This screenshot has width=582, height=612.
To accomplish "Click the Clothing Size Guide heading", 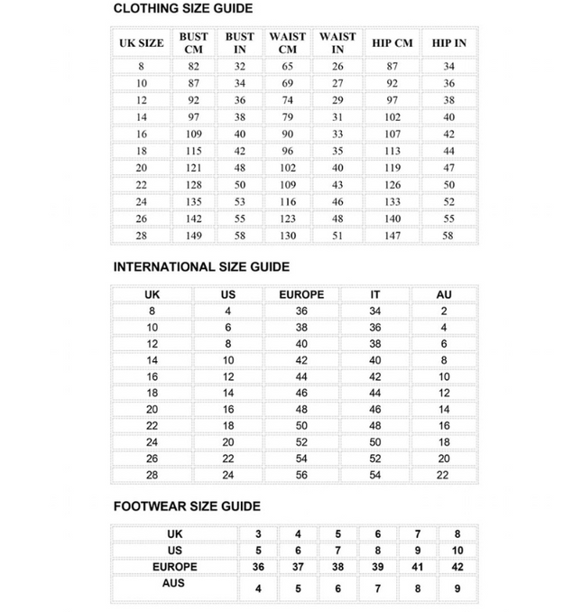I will [182, 9].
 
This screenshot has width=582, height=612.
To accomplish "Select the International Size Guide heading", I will [201, 267].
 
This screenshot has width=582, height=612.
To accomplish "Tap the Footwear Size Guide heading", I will [187, 506].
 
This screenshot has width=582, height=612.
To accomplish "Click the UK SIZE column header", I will [142, 42].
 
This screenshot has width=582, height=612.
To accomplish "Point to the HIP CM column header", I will [392, 42].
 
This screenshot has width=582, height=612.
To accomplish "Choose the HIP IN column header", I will [448, 42].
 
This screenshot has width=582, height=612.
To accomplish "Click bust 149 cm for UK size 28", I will [194, 236].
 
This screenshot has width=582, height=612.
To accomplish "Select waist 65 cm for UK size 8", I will [287, 66].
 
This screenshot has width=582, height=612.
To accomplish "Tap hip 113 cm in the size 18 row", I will [392, 151].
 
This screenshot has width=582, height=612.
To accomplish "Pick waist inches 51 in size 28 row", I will [337, 236].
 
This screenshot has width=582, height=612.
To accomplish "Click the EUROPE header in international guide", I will [301, 294].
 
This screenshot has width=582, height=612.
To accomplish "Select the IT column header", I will [375, 294].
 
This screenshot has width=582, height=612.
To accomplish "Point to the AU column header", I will [444, 294].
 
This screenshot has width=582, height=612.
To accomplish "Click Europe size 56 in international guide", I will [301, 475].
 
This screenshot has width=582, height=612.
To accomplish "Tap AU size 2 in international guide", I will [444, 311].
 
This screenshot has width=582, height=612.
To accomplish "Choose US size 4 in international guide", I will [228, 311].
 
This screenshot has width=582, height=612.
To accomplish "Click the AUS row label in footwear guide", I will [175, 583].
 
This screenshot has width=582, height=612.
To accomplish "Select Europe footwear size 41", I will [418, 567].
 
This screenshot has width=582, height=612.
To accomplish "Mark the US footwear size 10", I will [457, 551].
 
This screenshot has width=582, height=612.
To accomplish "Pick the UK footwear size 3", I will [259, 534].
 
